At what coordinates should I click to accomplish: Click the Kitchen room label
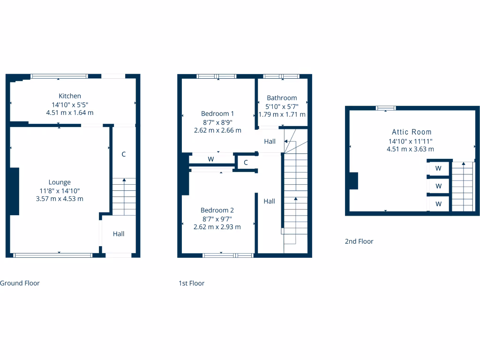pos(70,96)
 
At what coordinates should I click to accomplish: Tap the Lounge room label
pos(60,182)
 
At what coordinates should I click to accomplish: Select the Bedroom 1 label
pos(217,113)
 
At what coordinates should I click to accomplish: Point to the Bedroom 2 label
pos(217,210)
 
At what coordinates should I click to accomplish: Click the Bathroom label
pos(282,98)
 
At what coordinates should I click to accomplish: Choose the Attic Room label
pos(412,132)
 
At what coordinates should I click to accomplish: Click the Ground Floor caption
pos(20,283)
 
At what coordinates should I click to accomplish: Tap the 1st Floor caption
pos(191,283)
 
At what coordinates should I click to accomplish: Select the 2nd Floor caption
pos(359,241)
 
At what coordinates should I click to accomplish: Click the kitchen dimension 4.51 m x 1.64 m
pos(70,112)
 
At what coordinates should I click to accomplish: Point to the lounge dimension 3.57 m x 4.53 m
pos(60,199)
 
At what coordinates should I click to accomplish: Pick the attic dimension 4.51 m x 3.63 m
pos(410,149)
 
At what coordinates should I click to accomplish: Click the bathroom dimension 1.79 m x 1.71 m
pos(282,114)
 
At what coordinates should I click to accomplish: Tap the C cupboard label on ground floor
pos(124,154)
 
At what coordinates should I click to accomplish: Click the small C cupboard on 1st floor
pos(246,163)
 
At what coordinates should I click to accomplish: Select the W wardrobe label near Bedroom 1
pos(211,159)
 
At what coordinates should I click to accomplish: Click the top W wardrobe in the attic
pos(439,168)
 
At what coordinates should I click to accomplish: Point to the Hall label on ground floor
pos(119,233)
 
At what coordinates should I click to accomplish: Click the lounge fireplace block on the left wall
pos(15,191)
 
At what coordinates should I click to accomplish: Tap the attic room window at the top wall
pos(386,108)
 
